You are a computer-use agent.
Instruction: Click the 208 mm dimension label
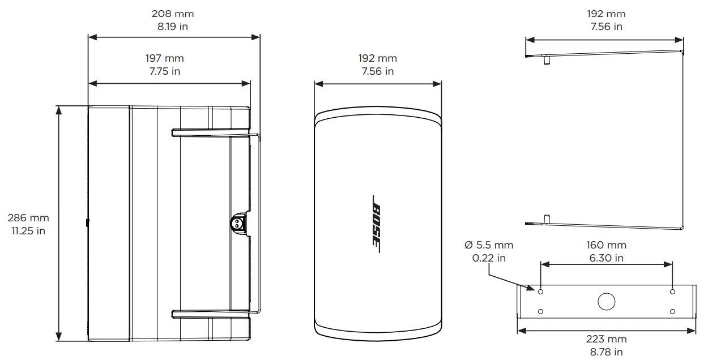pyautogui.click(x=173, y=14)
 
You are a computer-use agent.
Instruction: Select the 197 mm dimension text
pyautogui.click(x=164, y=58)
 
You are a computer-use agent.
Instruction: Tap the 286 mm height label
pyautogui.click(x=28, y=218)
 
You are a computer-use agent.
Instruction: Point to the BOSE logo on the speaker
pyautogui.click(x=377, y=224)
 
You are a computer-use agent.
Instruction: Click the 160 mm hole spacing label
pyautogui.click(x=607, y=246)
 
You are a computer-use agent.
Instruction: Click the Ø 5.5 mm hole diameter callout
pyautogui.click(x=488, y=245)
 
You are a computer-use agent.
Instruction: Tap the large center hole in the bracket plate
pyautogui.click(x=607, y=301)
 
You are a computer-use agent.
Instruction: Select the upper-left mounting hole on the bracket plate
pyautogui.click(x=541, y=292)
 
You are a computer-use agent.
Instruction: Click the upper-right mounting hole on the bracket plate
pyautogui.click(x=672, y=292)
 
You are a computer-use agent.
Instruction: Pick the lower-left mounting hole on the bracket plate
pyautogui.click(x=541, y=311)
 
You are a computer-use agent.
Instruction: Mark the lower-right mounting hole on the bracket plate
pyautogui.click(x=672, y=311)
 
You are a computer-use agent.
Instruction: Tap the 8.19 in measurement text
pyautogui.click(x=173, y=27)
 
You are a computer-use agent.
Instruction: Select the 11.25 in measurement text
pyautogui.click(x=28, y=231)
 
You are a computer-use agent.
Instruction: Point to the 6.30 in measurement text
pyautogui.click(x=607, y=258)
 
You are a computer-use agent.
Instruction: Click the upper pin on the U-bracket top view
pyautogui.click(x=547, y=59)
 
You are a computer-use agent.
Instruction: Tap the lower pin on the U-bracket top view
pyautogui.click(x=547, y=218)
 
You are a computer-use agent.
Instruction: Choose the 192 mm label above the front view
pyautogui.click(x=378, y=58)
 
